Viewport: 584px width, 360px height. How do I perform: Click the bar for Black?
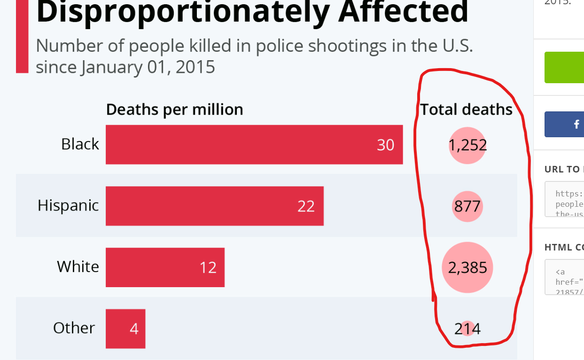tap(254, 144)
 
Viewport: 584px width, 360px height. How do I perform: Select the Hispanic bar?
tap(214, 206)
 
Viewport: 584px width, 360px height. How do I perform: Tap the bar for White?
tap(165, 267)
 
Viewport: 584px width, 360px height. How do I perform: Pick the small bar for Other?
tap(125, 329)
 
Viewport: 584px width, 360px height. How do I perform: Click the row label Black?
tap(80, 144)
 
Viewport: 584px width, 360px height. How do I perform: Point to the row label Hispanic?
tap(68, 205)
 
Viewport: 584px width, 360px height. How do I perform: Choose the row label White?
tap(78, 266)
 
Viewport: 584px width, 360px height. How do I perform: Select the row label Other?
tap(74, 328)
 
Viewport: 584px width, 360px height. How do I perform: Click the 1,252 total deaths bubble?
tap(467, 145)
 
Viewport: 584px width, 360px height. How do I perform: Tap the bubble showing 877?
tap(467, 206)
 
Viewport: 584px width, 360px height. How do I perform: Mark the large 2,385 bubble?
tap(467, 267)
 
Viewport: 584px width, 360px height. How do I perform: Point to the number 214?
tap(467, 329)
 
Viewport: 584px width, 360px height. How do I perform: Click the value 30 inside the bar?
tap(385, 145)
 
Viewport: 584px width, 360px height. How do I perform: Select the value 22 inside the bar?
tap(306, 206)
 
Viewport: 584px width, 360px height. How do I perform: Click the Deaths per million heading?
tap(174, 110)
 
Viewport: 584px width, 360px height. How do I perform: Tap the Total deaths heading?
tap(466, 110)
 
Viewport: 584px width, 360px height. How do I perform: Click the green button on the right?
tap(564, 67)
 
